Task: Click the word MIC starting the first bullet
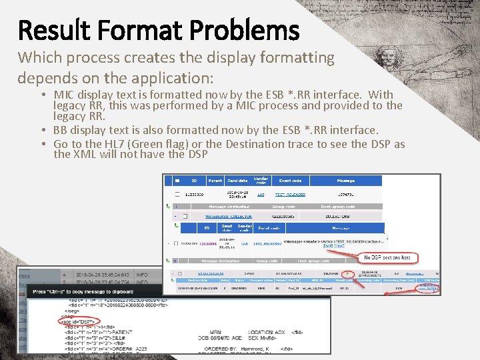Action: click(65, 95)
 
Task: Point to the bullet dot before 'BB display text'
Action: click(44, 130)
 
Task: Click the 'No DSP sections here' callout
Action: click(387, 257)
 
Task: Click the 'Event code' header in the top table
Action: click(290, 181)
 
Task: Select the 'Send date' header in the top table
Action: click(237, 181)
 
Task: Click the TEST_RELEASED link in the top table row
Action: click(290, 195)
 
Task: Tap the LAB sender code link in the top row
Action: click(261, 195)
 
